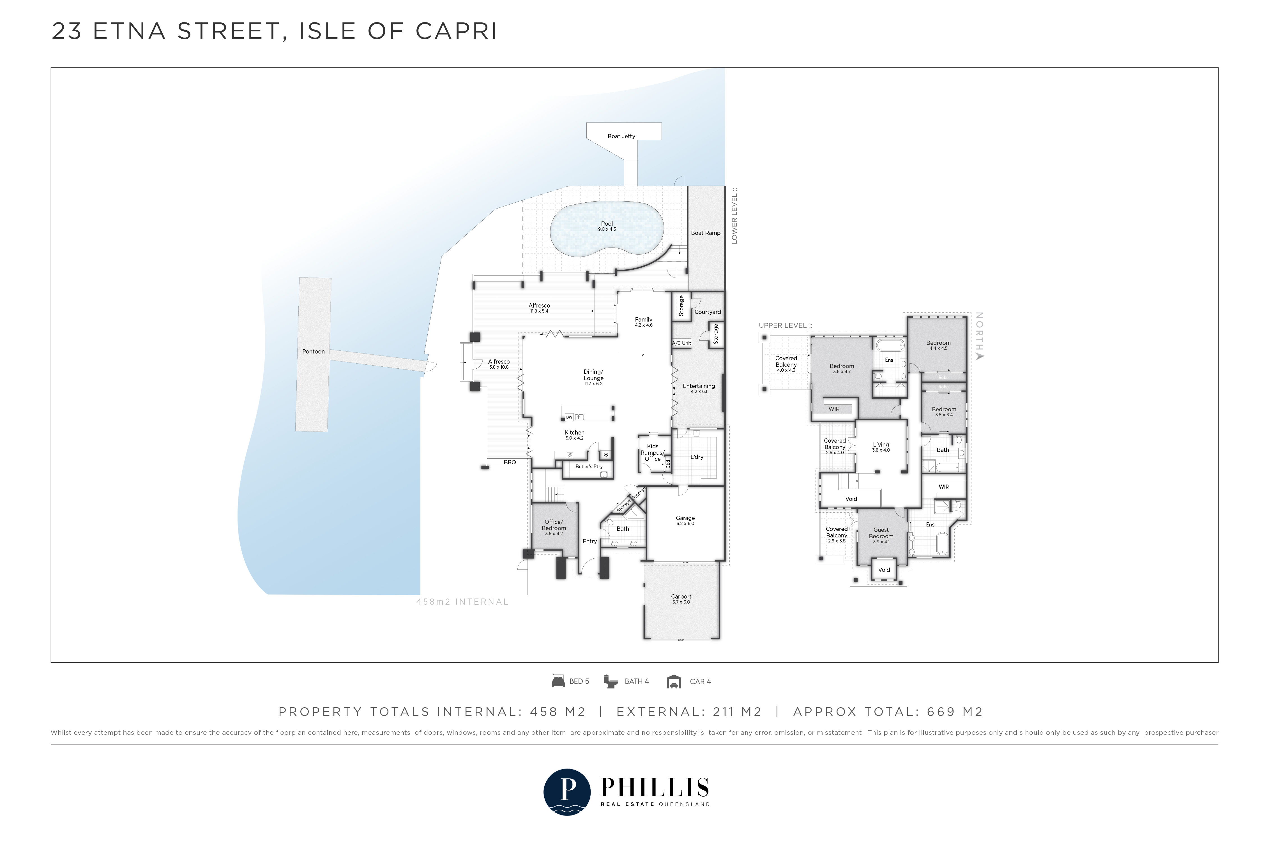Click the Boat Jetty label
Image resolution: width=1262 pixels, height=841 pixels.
[621, 136]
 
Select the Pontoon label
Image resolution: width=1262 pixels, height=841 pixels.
[313, 351]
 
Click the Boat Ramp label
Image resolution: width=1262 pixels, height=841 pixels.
[706, 233]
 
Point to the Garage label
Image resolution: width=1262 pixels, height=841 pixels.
[685, 518]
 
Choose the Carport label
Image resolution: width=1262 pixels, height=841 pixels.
[681, 597]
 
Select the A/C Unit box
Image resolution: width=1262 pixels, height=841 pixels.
[681, 343]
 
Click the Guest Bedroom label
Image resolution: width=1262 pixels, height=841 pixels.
[881, 533]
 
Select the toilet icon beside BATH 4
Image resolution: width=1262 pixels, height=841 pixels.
[611, 681]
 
